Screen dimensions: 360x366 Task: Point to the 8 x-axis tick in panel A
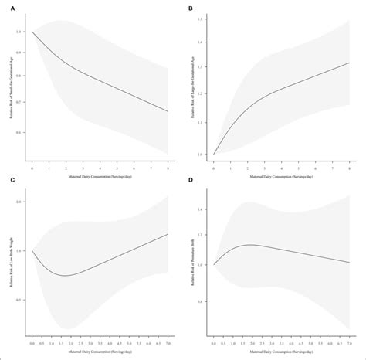click(x=167, y=167)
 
